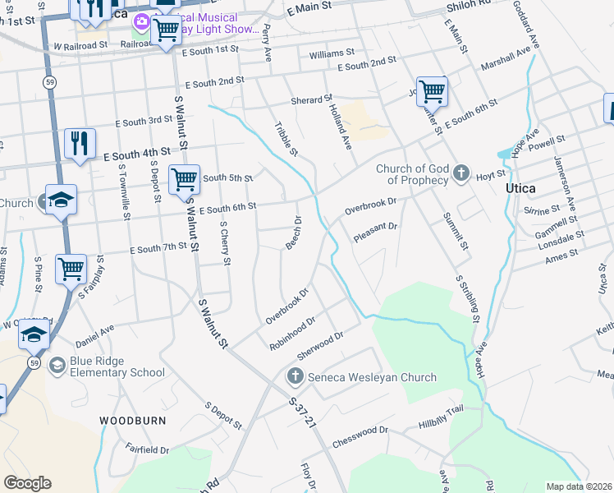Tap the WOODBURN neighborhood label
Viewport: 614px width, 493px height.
click(x=132, y=420)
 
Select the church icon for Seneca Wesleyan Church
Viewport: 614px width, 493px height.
click(x=295, y=377)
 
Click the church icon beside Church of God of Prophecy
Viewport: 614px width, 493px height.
click(x=461, y=173)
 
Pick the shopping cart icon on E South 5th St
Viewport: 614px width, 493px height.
click(x=184, y=178)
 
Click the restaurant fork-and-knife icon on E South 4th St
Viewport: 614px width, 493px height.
click(x=80, y=142)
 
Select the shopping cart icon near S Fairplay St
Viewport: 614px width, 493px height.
click(x=71, y=268)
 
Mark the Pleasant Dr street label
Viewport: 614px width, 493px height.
click(x=375, y=232)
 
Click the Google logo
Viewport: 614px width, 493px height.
click(x=27, y=483)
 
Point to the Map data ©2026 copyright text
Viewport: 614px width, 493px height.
click(x=578, y=486)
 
